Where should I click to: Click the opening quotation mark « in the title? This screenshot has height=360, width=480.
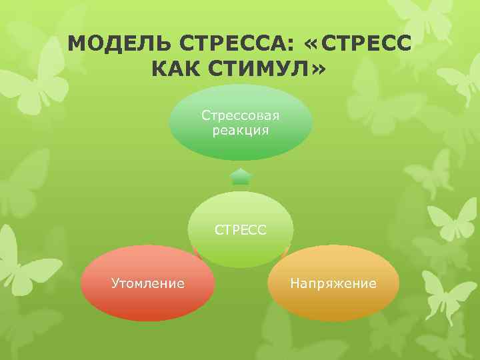(x=310, y=45)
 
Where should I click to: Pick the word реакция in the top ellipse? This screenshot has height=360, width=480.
(x=241, y=130)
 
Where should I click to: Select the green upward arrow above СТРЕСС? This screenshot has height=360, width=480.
(x=241, y=177)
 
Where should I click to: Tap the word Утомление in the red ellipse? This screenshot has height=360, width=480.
(x=148, y=284)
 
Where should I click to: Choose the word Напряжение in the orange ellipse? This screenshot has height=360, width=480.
(x=333, y=284)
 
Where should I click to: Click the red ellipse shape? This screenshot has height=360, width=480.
(x=148, y=303)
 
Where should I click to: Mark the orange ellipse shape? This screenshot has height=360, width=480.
(x=333, y=303)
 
